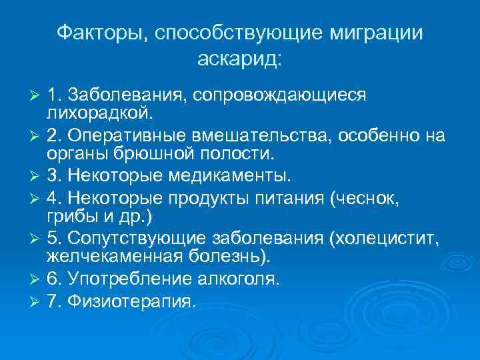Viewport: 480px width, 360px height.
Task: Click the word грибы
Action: pyautogui.click(x=68, y=217)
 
